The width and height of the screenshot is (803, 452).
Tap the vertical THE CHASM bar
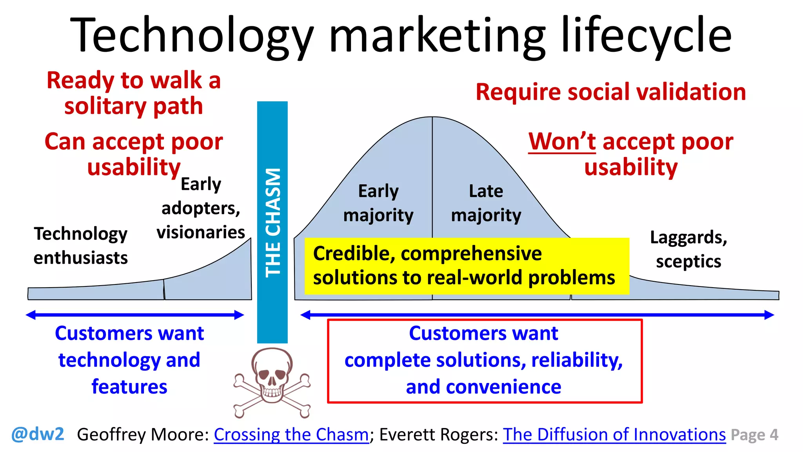pyautogui.click(x=273, y=222)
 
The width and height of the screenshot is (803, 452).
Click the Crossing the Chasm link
pyautogui.click(x=291, y=435)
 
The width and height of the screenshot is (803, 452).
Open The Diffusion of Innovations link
pyautogui.click(x=614, y=435)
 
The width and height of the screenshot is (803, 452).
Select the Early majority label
pyautogui.click(x=378, y=203)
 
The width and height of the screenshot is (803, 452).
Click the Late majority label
pyautogui.click(x=486, y=203)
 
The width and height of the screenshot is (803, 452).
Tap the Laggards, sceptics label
pyautogui.click(x=688, y=250)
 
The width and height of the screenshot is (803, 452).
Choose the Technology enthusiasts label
pyautogui.click(x=80, y=246)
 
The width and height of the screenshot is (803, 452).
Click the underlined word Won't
pyautogui.click(x=562, y=142)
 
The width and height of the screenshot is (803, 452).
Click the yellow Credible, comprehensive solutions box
pyautogui.click(x=467, y=266)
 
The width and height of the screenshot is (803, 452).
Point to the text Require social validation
pyautogui.click(x=610, y=92)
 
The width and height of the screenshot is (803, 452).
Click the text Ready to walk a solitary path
pyautogui.click(x=134, y=93)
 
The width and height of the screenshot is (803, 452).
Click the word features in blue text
pyautogui.click(x=129, y=387)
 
